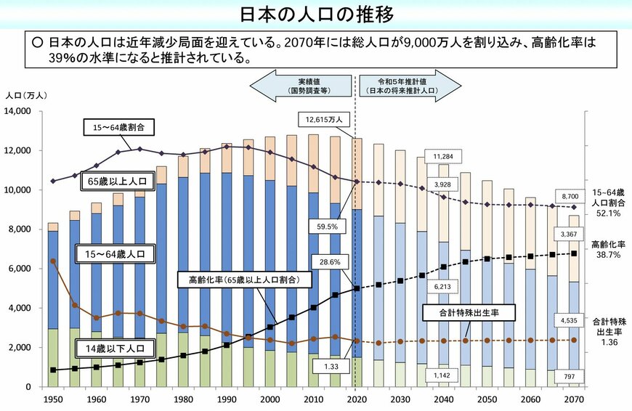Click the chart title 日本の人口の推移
point(317,15)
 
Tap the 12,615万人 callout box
point(324,118)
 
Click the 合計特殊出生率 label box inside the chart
point(469,313)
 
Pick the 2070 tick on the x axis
point(575,400)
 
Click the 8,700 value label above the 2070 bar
point(571,196)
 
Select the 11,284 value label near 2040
point(444,156)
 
